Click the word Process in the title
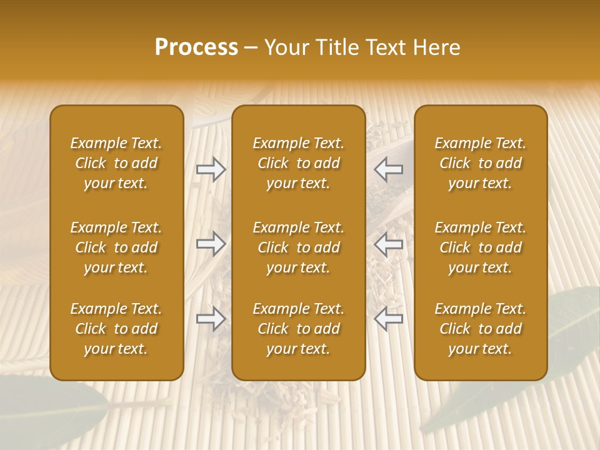[x=196, y=47]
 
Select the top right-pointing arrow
[x=211, y=169]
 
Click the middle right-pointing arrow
[x=211, y=244]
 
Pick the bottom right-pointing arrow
[x=211, y=319]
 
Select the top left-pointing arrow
[x=389, y=169]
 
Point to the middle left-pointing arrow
[x=389, y=244]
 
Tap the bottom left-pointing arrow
[x=389, y=319]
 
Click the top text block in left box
[x=116, y=163]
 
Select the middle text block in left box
[x=116, y=247]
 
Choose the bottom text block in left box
[x=116, y=329]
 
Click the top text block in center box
[x=298, y=163]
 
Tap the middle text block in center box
[x=298, y=247]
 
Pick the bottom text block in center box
[x=298, y=329]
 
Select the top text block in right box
[x=480, y=163]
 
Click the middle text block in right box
[x=480, y=247]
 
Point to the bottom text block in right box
[x=480, y=329]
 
